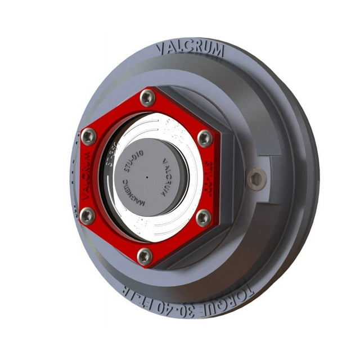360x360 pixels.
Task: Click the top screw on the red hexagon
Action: pos(147,98)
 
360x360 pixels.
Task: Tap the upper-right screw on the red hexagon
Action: pos(205,138)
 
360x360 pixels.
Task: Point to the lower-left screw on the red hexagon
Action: pos(87,215)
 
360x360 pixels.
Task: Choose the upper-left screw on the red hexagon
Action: pos(89,136)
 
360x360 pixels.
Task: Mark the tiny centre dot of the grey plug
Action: pos(147,176)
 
